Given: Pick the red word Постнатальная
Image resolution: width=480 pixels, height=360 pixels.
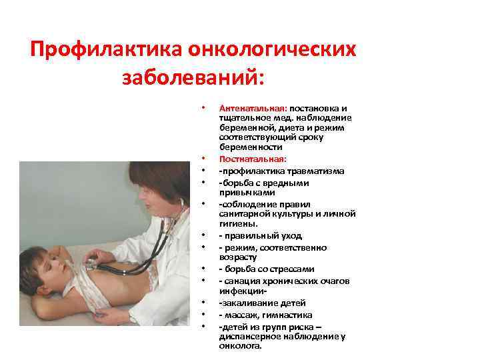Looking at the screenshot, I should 253,159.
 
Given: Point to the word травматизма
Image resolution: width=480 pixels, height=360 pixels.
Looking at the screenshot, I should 316,171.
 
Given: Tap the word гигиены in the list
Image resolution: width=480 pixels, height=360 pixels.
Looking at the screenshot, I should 233,224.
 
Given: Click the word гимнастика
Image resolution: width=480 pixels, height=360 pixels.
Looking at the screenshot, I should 288,315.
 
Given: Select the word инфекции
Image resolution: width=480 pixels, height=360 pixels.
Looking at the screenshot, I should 242,291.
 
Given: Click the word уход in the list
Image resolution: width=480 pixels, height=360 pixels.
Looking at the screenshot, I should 290,235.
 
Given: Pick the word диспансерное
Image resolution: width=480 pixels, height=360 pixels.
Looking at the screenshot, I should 247,337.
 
